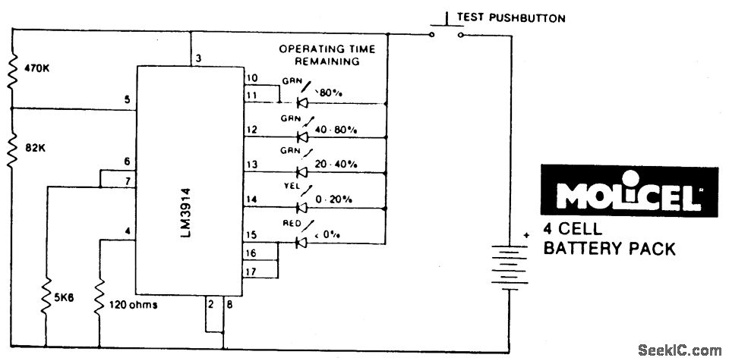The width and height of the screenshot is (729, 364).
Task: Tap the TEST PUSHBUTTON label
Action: coord(510,17)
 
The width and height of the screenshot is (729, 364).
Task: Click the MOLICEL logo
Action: coord(628,195)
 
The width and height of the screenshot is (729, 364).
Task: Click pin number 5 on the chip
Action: coord(128,99)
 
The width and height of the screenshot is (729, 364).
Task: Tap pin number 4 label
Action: coord(128,232)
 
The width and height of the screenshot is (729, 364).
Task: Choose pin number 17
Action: coord(251,271)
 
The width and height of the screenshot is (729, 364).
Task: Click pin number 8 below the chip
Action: coord(231,306)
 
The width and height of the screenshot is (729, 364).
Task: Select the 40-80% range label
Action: coord(339,130)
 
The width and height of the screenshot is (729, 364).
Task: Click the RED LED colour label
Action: coord(292,224)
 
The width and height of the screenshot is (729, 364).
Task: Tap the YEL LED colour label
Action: coord(292,191)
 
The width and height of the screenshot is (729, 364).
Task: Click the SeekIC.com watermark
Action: coord(680,350)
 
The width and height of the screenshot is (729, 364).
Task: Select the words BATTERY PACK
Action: coord(608,248)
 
